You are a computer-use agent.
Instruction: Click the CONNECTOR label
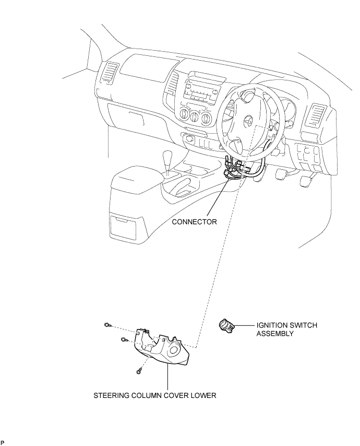pos(195,222)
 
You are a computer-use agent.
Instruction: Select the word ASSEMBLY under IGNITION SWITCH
pos(275,333)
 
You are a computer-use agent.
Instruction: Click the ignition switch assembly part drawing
pos(227,325)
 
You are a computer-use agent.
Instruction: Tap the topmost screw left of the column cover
pos(107,325)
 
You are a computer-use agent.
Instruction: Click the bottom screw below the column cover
pos(139,371)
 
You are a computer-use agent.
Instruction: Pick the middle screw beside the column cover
pos(124,339)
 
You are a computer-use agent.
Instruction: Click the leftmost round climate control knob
pos(185,114)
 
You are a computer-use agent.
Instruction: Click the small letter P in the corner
pos(3,442)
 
